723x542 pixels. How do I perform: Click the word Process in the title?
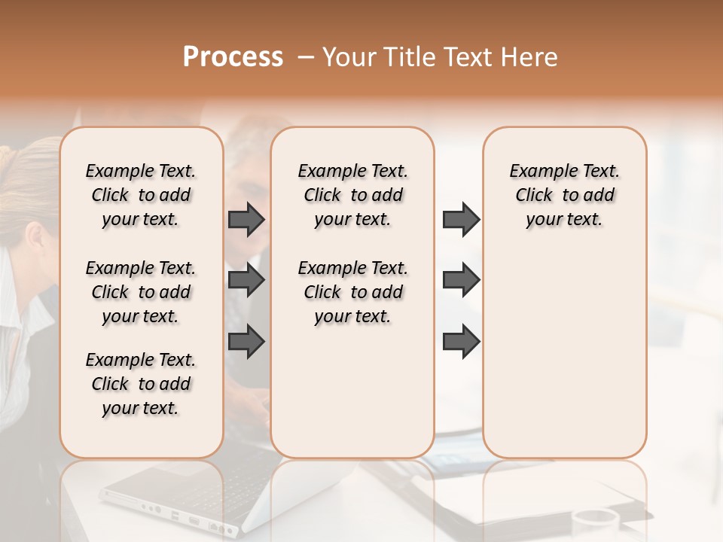click(233, 56)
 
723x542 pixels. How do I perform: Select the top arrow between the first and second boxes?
click(246, 219)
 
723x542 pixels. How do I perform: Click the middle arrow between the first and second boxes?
click(246, 280)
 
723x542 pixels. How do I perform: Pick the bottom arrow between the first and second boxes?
click(246, 341)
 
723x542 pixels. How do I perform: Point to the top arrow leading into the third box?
click(461, 219)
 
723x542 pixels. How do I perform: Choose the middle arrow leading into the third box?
click(461, 280)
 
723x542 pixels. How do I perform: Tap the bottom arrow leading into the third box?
click(461, 341)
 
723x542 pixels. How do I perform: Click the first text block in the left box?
click(141, 195)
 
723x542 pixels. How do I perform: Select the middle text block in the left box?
click(141, 292)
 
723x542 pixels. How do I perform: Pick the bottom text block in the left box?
click(141, 384)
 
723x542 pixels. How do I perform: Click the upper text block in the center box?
click(352, 195)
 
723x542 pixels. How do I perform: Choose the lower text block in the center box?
click(352, 292)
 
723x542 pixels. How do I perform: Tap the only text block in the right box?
click(565, 195)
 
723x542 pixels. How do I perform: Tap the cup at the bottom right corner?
click(595, 523)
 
